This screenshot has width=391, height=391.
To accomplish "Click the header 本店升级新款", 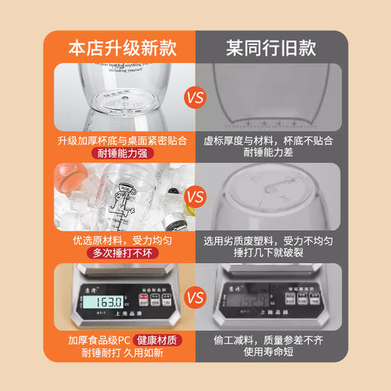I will point(122,47).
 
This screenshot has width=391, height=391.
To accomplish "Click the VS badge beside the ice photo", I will point(195,198).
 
